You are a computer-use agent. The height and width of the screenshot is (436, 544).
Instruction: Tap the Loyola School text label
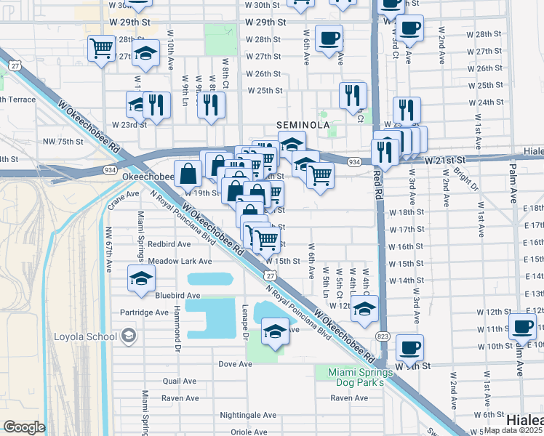coord(86,336)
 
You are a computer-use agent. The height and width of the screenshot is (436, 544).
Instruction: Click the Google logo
coord(24,427)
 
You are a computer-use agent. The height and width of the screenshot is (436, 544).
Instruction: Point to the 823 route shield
coord(383,336)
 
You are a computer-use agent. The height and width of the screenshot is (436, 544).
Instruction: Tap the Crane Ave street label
coord(123,195)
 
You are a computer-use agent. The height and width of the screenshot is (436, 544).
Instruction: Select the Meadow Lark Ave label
coord(180,261)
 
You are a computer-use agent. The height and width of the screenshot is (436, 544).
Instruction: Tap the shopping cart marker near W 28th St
coord(101,49)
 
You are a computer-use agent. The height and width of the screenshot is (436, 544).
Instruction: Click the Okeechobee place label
coord(146,177)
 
